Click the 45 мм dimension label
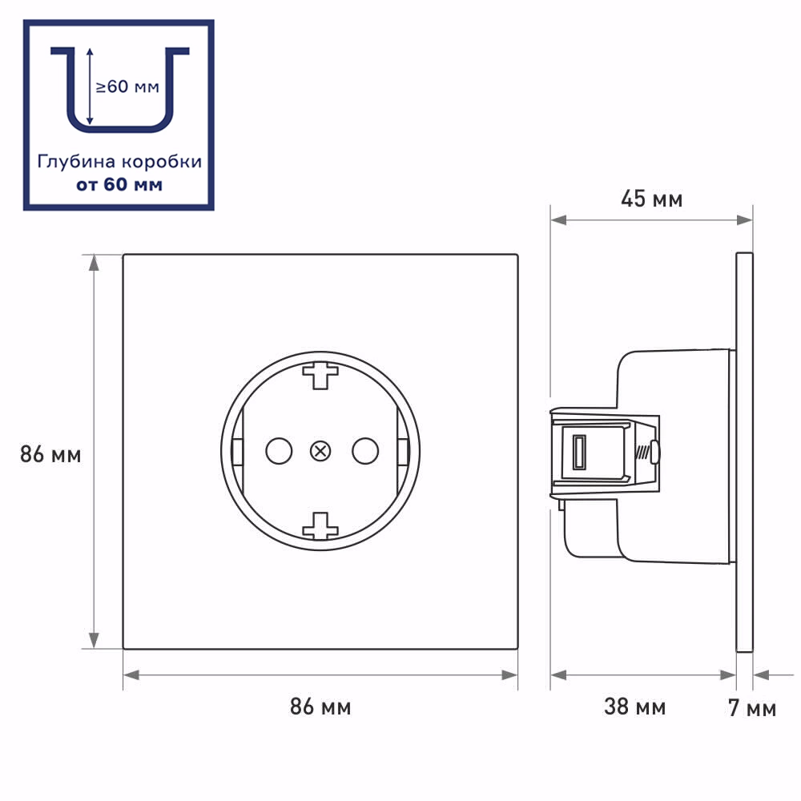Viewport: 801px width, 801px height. click(651, 199)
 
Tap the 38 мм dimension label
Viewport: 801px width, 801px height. click(634, 707)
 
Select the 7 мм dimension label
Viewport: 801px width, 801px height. click(752, 708)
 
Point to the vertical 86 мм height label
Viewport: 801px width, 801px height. click(50, 454)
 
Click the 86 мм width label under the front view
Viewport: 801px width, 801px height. click(320, 707)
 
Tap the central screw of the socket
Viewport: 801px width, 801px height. click(320, 451)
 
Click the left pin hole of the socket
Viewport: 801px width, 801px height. click(279, 451)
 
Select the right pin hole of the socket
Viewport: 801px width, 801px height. click(365, 451)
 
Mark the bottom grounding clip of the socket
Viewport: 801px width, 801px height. click(320, 526)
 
